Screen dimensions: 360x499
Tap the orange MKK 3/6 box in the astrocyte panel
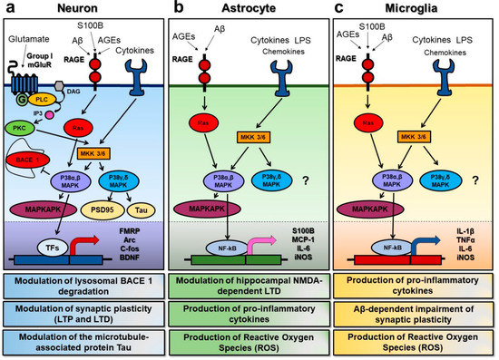(x=260, y=136)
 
